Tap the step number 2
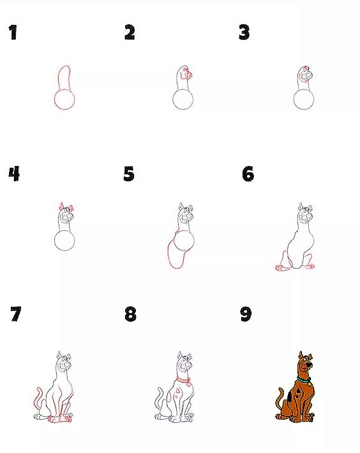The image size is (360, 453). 130,32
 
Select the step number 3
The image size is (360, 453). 244,32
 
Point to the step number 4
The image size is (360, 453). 14,174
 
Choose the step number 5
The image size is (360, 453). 129,174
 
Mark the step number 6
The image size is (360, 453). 248,174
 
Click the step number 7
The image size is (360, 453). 16,314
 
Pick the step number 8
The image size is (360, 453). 130,314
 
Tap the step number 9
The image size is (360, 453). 246,314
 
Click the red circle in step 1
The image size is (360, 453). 55,100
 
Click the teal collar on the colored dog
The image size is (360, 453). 303,379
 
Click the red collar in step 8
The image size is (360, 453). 183,380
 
